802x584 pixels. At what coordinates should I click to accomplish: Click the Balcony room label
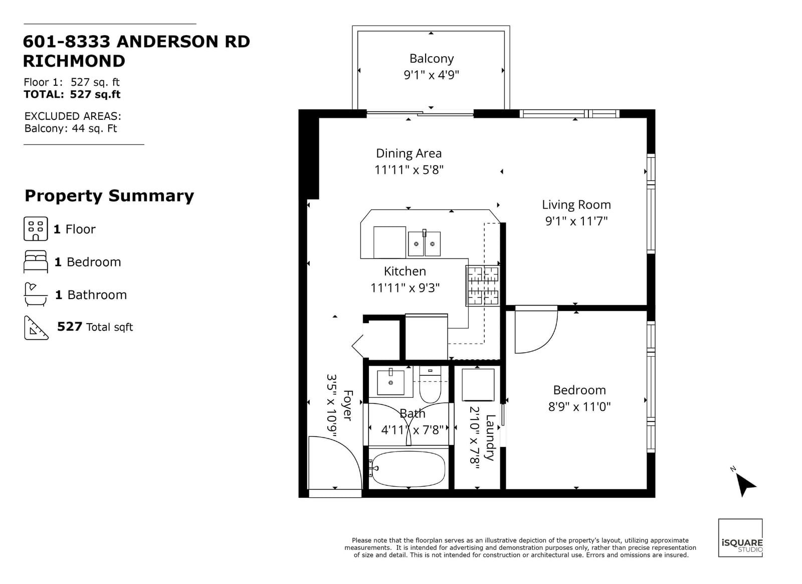(x=431, y=59)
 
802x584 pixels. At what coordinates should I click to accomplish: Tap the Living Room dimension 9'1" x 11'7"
(x=576, y=221)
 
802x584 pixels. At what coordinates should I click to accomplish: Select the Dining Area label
(x=409, y=154)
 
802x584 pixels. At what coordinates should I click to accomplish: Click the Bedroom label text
(x=579, y=390)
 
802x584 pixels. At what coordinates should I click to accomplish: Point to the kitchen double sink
(x=424, y=244)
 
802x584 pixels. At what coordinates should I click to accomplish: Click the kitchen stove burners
(x=483, y=285)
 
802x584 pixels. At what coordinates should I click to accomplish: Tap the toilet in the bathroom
(x=430, y=385)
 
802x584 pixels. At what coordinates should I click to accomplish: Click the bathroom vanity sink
(x=390, y=382)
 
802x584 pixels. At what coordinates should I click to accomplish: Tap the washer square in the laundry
(x=478, y=385)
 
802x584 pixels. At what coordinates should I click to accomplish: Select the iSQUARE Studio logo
(x=740, y=538)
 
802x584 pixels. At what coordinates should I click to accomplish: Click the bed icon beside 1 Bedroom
(x=36, y=262)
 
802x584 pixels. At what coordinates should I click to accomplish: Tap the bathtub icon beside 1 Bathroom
(x=36, y=295)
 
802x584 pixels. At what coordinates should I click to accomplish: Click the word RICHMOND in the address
(x=74, y=61)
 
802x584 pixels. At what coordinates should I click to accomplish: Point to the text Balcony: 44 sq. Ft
(x=71, y=128)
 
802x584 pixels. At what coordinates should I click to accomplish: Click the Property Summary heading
(x=109, y=196)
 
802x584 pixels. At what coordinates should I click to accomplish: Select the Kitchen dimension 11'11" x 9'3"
(x=405, y=288)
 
